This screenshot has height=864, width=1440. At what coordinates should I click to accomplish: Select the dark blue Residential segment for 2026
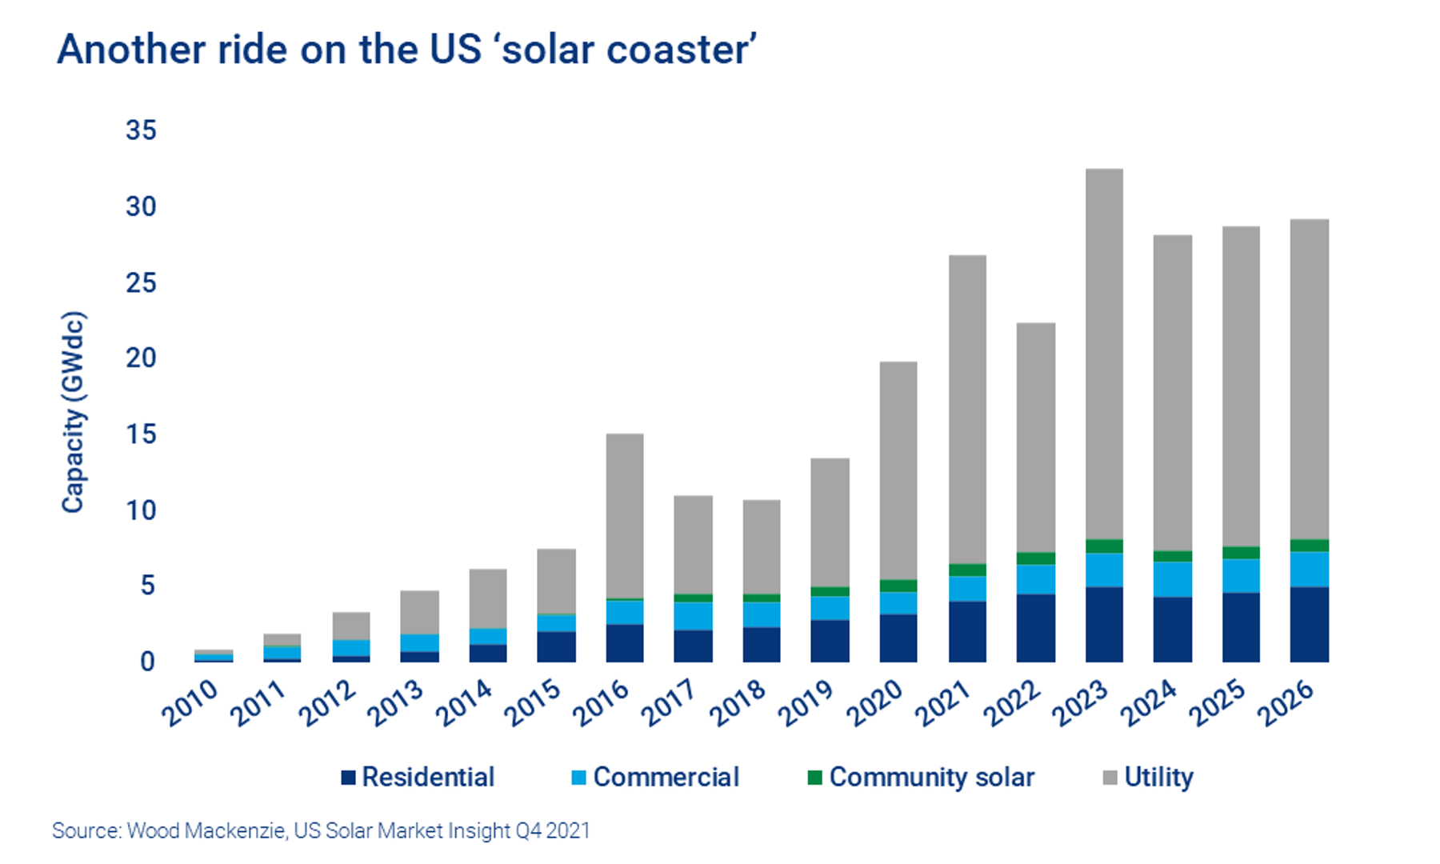click(x=1310, y=624)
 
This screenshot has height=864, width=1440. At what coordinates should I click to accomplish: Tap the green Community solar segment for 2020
click(x=898, y=586)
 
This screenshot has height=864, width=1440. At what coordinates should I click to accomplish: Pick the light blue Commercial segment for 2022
click(x=1036, y=579)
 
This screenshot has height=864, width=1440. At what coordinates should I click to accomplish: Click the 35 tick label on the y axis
click(x=141, y=130)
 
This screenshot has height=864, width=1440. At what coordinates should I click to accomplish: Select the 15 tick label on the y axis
click(x=141, y=434)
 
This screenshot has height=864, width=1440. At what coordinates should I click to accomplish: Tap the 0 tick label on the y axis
click(x=147, y=662)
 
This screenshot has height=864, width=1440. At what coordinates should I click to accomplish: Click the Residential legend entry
click(x=428, y=777)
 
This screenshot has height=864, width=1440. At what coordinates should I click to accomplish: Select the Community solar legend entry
click(x=931, y=777)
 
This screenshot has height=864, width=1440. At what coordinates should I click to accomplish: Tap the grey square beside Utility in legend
click(x=1110, y=777)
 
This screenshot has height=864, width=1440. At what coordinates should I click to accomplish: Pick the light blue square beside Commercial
click(x=579, y=777)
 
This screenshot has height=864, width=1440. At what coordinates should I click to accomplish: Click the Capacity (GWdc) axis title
click(x=73, y=412)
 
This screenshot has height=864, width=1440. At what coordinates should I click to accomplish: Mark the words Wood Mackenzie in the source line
click(x=206, y=830)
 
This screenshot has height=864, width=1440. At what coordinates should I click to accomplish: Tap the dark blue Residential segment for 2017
click(x=693, y=646)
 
